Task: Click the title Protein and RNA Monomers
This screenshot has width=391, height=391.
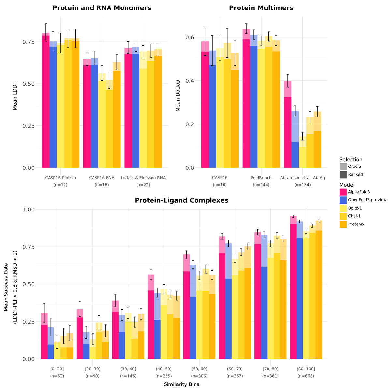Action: click(102, 8)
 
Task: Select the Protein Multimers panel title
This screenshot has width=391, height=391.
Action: click(261, 8)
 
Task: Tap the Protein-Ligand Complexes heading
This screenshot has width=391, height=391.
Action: click(181, 201)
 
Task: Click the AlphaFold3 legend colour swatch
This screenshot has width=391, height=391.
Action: click(343, 192)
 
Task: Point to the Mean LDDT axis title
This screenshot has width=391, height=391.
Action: click(15, 96)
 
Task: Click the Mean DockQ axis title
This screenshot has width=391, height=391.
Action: click(178, 96)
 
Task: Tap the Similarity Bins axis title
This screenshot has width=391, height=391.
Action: click(181, 384)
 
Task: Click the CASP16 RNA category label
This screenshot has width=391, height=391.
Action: click(102, 178)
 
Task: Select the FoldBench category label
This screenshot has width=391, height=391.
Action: click(261, 178)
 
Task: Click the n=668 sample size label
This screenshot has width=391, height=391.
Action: click(306, 376)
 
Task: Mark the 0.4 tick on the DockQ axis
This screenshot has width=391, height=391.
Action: click(189, 81)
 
